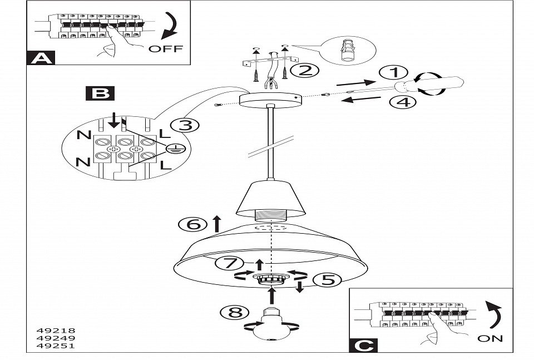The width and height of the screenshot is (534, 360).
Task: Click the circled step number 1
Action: point(394,72)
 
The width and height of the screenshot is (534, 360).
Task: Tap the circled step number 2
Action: point(304,71)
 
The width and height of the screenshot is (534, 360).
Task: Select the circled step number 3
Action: point(185,126)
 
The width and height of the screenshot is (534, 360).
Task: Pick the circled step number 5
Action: point(327,280)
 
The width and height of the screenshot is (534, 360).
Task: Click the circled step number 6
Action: point(193,224)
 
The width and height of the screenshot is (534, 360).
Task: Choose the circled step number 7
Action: point(229,263)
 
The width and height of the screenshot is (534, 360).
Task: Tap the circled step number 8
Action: point(235,312)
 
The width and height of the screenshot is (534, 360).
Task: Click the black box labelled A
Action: point(41,58)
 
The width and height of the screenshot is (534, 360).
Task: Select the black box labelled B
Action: point(100,93)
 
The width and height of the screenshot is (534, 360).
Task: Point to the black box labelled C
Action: point(363,346)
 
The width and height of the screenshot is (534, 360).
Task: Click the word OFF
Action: point(166,49)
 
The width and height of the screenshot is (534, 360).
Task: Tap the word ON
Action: point(490,338)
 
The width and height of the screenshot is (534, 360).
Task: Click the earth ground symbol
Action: point(175,149)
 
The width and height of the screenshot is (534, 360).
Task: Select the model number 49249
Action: point(56,338)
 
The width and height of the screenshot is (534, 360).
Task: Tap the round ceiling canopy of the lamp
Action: point(270,100)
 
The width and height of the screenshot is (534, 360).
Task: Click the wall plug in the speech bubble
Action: point(348,51)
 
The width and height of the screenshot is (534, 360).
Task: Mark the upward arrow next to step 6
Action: point(217,224)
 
